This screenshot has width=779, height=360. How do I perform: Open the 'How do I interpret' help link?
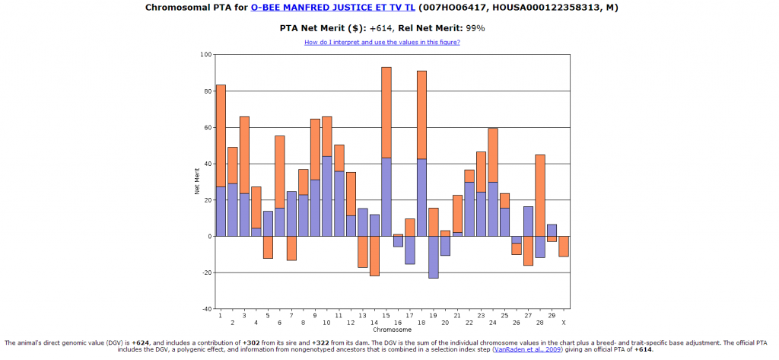coord(382,42)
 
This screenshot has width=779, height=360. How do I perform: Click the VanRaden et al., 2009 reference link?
coord(527,349)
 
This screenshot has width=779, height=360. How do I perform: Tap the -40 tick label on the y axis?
coord(205,309)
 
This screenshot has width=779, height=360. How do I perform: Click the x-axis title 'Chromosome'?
coord(393,330)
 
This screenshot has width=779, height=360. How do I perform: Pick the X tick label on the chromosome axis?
coord(564,315)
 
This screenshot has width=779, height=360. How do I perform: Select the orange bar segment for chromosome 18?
coord(421,114)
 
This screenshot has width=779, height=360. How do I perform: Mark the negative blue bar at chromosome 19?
coord(434,257)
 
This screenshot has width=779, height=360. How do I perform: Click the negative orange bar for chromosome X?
coord(564,246)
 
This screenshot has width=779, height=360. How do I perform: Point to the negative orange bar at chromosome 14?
coord(374,256)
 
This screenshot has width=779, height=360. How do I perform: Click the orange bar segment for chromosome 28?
coord(540,195)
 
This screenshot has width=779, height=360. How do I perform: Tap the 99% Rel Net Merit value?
coord(475,28)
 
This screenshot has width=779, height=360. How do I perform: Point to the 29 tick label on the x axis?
coord(552,315)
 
